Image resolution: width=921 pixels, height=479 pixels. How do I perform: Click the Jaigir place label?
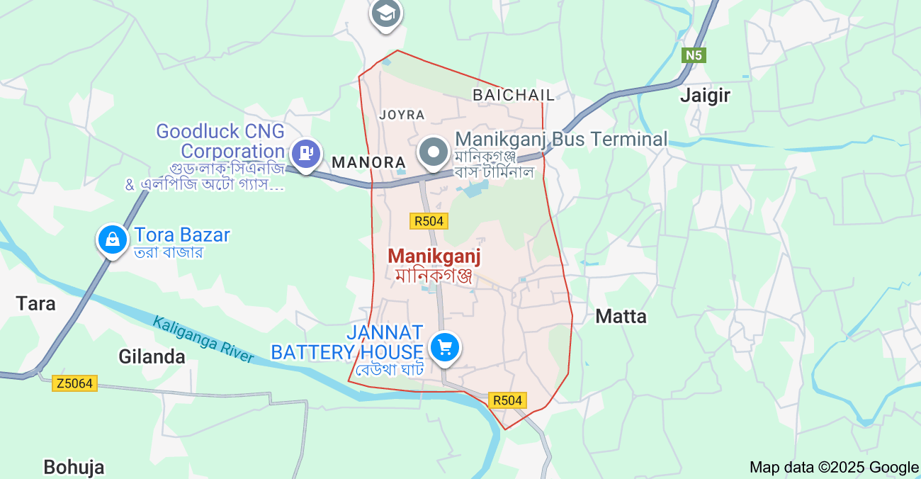click(x=705, y=96)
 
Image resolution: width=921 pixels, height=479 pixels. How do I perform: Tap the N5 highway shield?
click(x=694, y=55)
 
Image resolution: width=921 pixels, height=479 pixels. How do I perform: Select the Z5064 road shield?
click(x=74, y=383)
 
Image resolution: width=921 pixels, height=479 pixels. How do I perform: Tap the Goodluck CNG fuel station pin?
click(x=306, y=152)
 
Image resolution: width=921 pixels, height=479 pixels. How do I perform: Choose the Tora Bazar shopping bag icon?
click(x=112, y=239)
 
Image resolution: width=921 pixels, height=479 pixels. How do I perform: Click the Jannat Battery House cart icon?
click(x=445, y=347)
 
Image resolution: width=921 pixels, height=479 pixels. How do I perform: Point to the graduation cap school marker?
click(x=386, y=13)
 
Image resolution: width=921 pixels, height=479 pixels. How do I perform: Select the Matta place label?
click(x=621, y=316)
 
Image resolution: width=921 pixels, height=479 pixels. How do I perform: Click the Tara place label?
click(x=35, y=304)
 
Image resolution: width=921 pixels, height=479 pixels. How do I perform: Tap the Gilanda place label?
click(x=152, y=356)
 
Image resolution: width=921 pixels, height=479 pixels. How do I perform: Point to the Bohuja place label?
click(x=74, y=467)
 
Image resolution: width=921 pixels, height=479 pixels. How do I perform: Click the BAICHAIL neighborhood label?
click(x=514, y=94)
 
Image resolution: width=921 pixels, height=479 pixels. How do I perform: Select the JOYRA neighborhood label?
click(x=402, y=115)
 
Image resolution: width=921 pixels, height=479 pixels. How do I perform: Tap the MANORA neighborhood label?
click(x=368, y=162)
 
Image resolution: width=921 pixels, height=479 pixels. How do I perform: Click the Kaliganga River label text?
click(x=203, y=339)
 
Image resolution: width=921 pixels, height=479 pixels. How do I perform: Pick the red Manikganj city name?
click(x=434, y=255)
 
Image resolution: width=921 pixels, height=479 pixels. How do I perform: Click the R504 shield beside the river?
click(x=507, y=400)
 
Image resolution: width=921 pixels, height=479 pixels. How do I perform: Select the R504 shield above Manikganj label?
click(x=429, y=221)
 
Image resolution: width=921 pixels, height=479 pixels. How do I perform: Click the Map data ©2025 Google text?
click(x=834, y=467)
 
